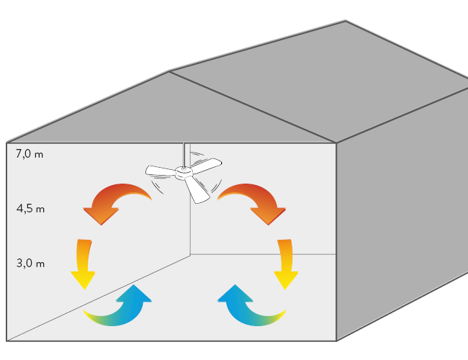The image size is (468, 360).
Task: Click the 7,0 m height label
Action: coord(30,153)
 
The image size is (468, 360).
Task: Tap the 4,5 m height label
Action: coord(30,210)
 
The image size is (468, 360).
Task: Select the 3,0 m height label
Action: coord(30,264)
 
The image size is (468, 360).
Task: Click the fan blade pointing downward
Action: coord(196,188)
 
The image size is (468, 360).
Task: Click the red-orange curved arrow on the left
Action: coord(115,200)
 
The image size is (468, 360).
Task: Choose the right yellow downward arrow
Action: coord(286,264)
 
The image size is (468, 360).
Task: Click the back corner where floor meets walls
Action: coord(190,253)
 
